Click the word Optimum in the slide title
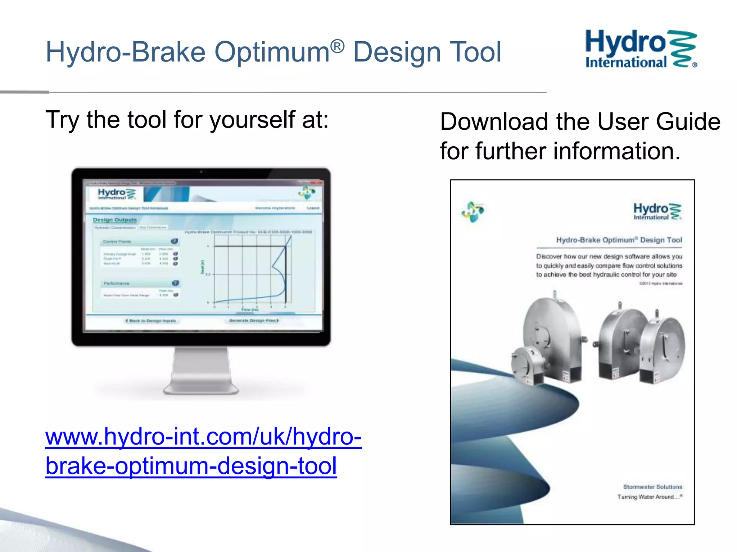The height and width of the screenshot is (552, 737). tap(272, 52)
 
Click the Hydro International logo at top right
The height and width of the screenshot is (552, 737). tap(641, 49)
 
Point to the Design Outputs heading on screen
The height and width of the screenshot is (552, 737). tap(115, 220)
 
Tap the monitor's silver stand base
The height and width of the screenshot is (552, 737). tap(201, 388)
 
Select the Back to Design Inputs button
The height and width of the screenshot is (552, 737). tap(151, 321)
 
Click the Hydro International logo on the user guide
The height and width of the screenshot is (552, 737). tap(657, 211)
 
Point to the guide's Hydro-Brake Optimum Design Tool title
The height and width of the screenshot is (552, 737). tap(619, 240)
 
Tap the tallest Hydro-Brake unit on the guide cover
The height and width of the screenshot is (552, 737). tap(552, 334)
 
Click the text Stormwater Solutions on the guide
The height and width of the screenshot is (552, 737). tap(652, 487)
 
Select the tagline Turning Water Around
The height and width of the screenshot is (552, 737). tap(650, 497)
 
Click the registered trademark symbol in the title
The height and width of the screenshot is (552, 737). tap(338, 46)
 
